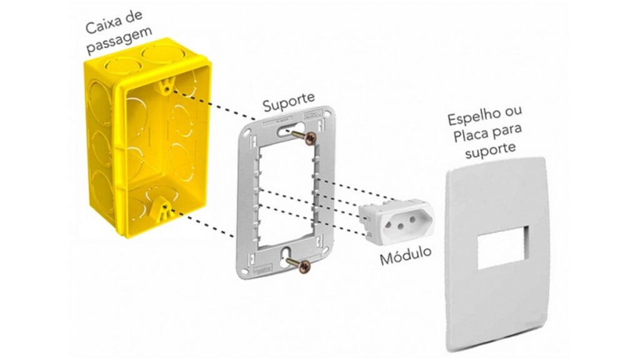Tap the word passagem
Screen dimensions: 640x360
tap(119, 41)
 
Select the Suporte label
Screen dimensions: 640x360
tap(289, 102)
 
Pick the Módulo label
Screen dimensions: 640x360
tap(405, 255)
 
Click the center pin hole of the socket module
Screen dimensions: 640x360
tap(401, 226)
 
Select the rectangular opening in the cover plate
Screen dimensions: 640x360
tap(503, 247)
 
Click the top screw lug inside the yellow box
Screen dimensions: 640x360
tap(166, 86)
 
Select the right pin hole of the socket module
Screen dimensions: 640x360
tap(412, 221)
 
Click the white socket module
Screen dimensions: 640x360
tap(395, 222)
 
